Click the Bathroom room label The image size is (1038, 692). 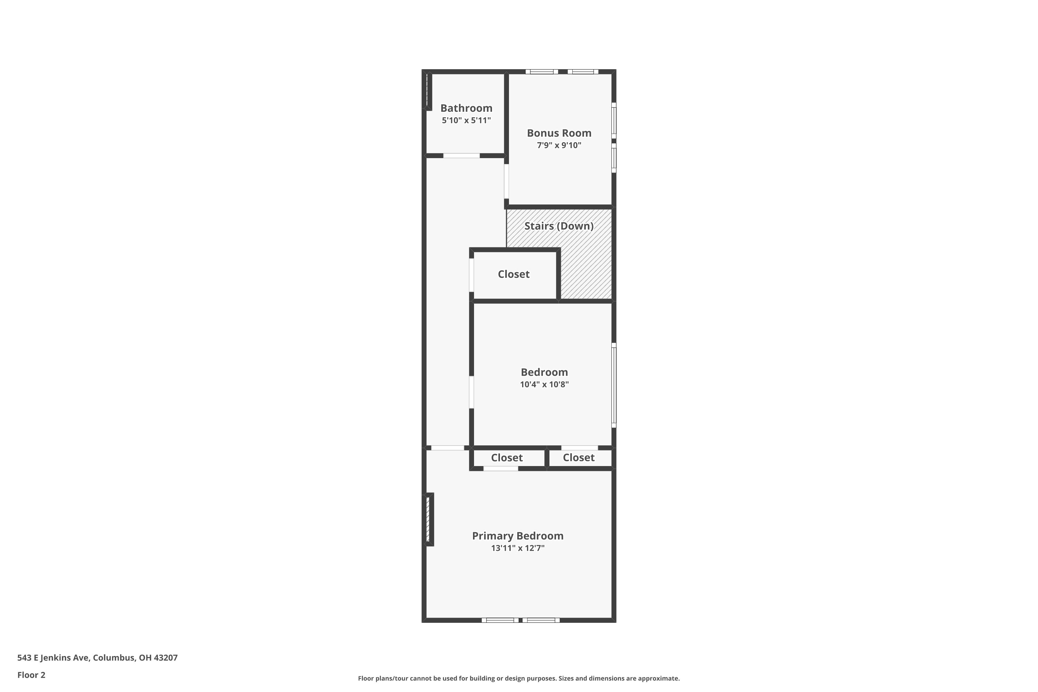click(x=466, y=108)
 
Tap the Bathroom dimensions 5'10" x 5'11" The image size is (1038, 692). click(x=466, y=120)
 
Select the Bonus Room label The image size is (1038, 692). click(x=559, y=133)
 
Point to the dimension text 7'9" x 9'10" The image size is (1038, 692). click(x=559, y=145)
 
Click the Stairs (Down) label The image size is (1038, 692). click(x=559, y=226)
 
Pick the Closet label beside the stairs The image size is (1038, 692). click(x=513, y=274)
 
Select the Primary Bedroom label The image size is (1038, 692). click(x=518, y=536)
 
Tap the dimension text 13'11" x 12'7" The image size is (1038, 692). click(x=518, y=548)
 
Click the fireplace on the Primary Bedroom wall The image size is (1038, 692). click(x=429, y=519)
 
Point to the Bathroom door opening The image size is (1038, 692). click(x=461, y=156)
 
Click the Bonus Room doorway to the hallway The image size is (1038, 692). click(x=506, y=181)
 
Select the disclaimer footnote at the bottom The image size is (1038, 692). click(x=519, y=678)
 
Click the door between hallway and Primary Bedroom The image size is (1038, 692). click(x=447, y=448)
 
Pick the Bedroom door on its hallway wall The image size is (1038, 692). click(x=471, y=392)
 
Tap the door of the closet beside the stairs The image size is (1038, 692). click(x=471, y=275)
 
